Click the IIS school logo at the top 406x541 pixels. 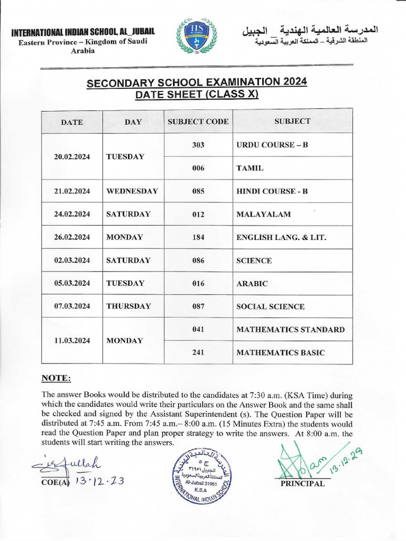[x=197, y=35]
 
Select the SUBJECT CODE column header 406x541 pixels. [x=198, y=122]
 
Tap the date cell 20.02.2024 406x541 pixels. [x=72, y=157]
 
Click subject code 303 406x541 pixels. [x=198, y=145]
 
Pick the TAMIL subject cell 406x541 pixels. [x=250, y=168]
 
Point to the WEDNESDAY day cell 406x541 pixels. [x=132, y=191]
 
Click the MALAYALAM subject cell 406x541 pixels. [x=263, y=214]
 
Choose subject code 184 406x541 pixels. [x=198, y=237]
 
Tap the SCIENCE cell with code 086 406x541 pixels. [x=254, y=260]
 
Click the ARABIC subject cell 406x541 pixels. [x=252, y=284]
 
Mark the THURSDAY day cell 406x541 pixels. [x=128, y=306]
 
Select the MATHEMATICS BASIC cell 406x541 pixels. [x=281, y=352]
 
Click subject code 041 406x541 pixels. [x=198, y=329]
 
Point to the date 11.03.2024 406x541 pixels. [x=72, y=341]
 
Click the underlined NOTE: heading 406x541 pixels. [x=56, y=378]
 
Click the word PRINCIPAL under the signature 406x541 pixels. [x=303, y=483]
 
